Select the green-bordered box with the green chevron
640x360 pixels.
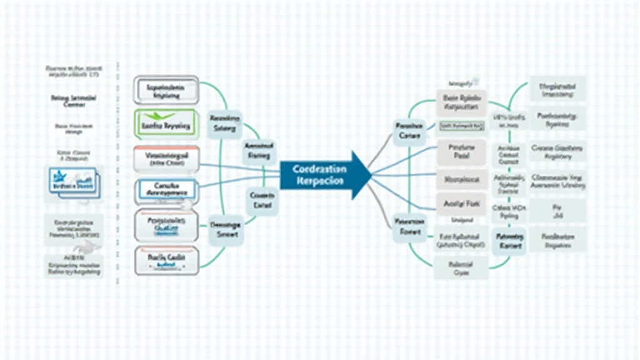pyautogui.click(x=166, y=124)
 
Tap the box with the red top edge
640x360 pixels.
pyautogui.click(x=166, y=159)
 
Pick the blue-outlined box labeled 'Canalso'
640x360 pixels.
pyautogui.click(x=166, y=190)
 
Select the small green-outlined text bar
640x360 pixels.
pyautogui.click(x=462, y=126)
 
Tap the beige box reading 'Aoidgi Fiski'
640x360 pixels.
pyautogui.click(x=461, y=203)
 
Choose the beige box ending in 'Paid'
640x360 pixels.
pyautogui.click(x=461, y=151)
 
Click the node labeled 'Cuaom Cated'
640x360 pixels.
pyautogui.click(x=262, y=200)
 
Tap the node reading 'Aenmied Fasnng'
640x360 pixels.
pyautogui.click(x=258, y=150)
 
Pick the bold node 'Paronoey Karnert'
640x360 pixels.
pyautogui.click(x=509, y=242)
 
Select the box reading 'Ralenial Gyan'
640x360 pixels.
pyautogui.click(x=461, y=269)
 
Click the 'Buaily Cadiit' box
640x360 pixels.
pyautogui.click(x=166, y=259)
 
